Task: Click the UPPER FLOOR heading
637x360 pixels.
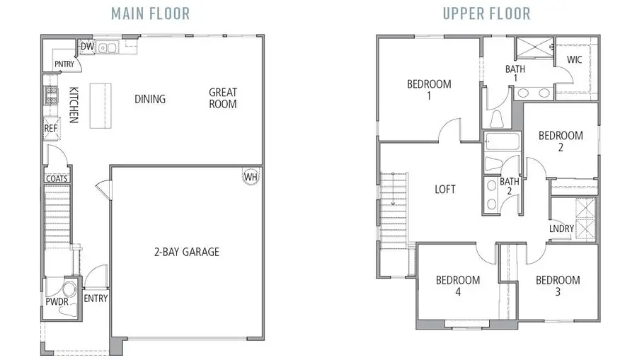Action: [x=487, y=13]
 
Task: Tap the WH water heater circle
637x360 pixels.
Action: [x=251, y=177]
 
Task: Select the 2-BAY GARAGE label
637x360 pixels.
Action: [x=187, y=251]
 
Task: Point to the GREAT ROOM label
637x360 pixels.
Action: [x=223, y=98]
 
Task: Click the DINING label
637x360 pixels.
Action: [x=150, y=99]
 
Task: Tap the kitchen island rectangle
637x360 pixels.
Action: [x=101, y=105]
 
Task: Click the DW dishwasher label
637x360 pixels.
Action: [x=87, y=47]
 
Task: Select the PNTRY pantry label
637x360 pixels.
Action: [x=64, y=64]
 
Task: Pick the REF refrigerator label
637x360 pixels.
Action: [x=51, y=129]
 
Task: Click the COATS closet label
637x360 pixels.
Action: [x=57, y=179]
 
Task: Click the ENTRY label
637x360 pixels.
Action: [x=96, y=298]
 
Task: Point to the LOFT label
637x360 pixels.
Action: [x=445, y=190]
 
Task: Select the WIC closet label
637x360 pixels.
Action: [x=574, y=59]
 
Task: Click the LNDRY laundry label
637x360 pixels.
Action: [x=561, y=228]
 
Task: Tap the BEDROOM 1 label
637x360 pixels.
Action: [x=429, y=90]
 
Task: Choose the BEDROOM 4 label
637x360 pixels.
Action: [x=457, y=286]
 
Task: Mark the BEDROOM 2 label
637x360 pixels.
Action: [x=561, y=141]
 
